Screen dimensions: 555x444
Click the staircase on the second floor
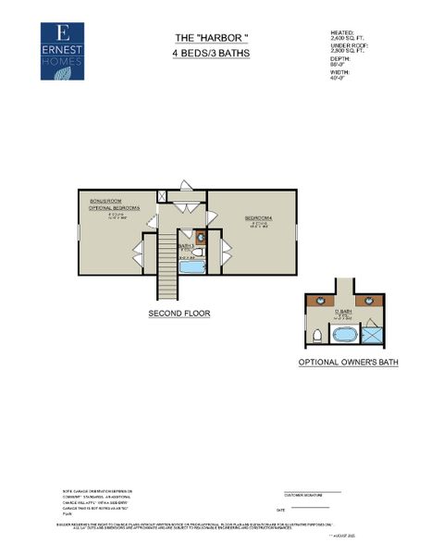[x=167, y=263]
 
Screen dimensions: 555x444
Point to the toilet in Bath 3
[x=197, y=251]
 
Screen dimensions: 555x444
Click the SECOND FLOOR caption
[x=179, y=314]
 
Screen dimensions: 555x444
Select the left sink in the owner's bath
[x=321, y=301]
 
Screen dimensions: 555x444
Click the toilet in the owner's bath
[x=318, y=335]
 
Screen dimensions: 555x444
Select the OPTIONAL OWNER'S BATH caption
[x=348, y=363]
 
